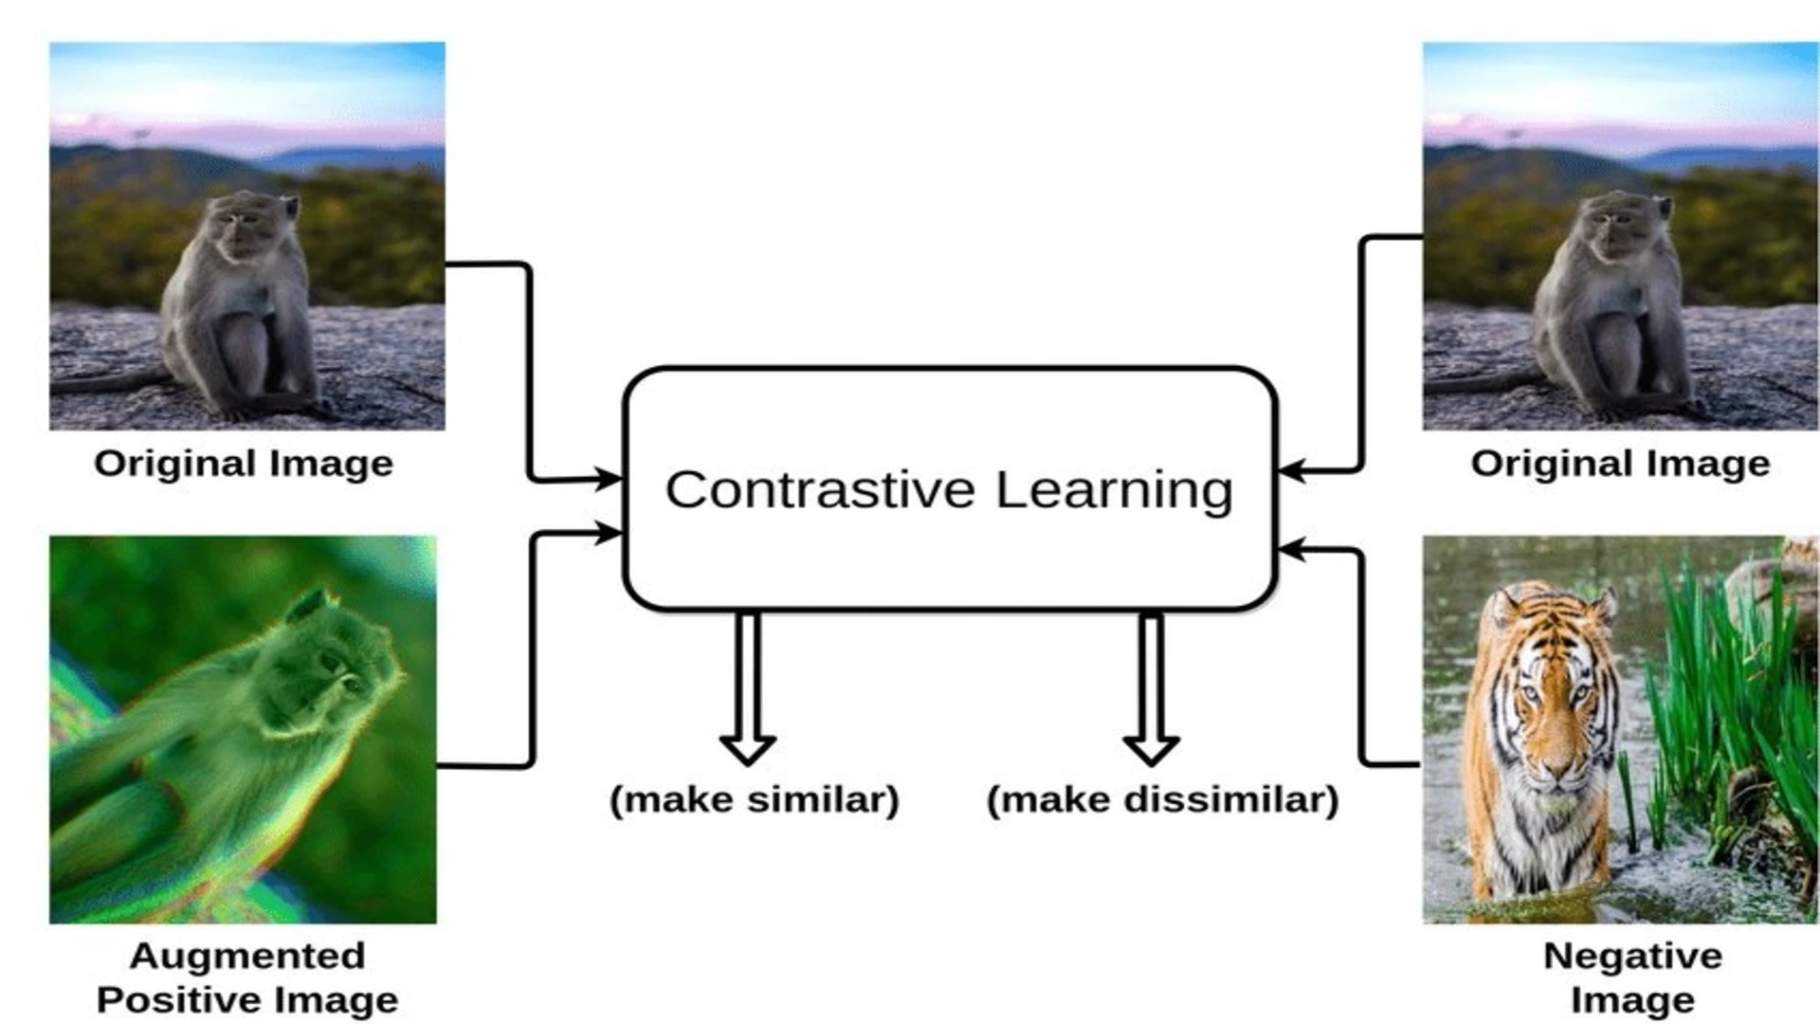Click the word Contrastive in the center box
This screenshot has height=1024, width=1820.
(x=820, y=490)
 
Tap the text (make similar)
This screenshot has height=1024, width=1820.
(x=755, y=799)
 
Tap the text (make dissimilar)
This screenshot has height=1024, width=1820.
(x=1162, y=799)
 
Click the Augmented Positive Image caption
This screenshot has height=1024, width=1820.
(x=247, y=978)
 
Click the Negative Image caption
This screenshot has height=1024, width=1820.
(x=1632, y=978)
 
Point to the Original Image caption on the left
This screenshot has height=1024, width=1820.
(x=244, y=464)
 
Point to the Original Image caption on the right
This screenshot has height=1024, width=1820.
(x=1620, y=464)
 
